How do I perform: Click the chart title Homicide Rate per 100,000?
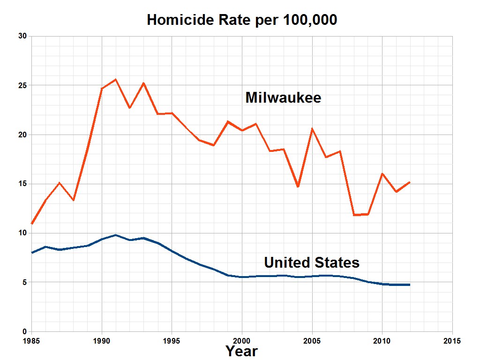(x=242, y=20)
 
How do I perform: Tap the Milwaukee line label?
(x=283, y=97)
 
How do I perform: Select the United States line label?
(x=312, y=262)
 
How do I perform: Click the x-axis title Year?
(x=241, y=351)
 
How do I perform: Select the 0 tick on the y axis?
(x=25, y=331)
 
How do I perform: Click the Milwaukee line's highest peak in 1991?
(x=116, y=80)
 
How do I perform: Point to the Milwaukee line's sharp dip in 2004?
(x=298, y=187)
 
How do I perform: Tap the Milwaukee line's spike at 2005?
(x=312, y=129)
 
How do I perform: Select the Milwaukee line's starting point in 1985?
(x=32, y=224)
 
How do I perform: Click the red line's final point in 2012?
(x=410, y=182)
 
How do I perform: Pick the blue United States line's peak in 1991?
(x=116, y=235)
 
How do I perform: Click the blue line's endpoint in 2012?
(x=410, y=285)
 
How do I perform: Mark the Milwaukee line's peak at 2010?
(x=382, y=174)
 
